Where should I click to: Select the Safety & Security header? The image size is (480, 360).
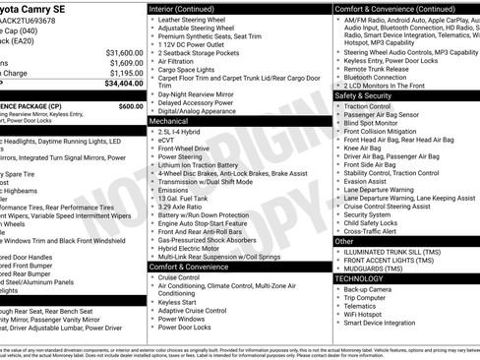[x=364, y=95]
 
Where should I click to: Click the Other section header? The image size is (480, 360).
[x=344, y=241]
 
